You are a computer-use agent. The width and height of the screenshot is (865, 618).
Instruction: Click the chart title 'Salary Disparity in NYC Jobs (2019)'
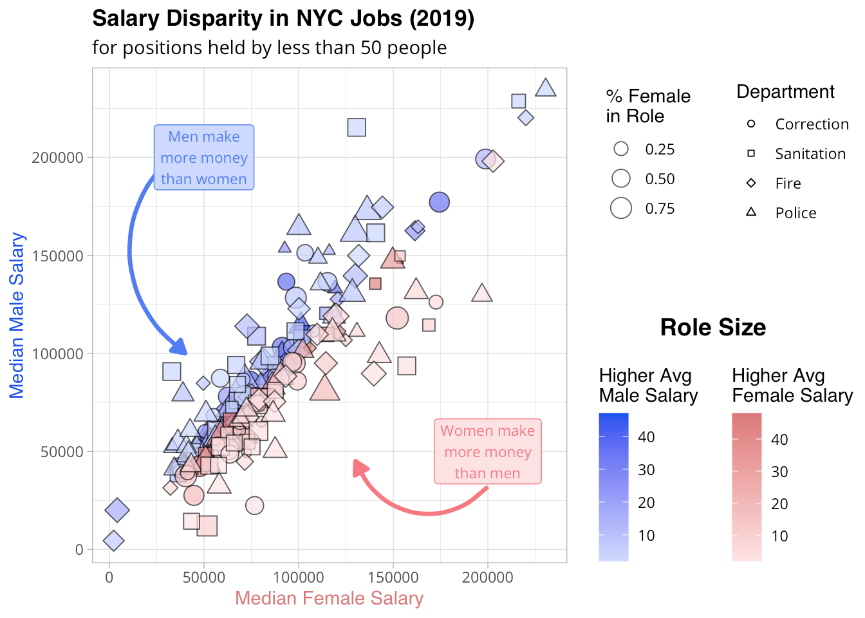click(283, 19)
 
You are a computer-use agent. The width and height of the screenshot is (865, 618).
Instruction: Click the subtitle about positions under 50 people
click(269, 48)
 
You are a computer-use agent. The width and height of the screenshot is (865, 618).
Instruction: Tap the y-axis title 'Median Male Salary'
click(17, 315)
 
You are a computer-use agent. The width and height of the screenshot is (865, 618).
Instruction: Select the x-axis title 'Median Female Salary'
click(329, 598)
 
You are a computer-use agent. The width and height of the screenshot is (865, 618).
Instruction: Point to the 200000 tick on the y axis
click(58, 158)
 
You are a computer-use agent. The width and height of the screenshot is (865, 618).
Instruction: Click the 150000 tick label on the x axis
click(393, 577)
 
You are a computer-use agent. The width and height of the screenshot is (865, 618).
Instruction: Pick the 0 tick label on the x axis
click(109, 577)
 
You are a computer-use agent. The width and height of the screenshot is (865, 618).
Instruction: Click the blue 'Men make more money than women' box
click(204, 158)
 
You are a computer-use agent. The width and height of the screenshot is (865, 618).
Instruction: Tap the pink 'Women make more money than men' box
click(487, 452)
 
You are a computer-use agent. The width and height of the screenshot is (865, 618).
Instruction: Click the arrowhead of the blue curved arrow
click(180, 348)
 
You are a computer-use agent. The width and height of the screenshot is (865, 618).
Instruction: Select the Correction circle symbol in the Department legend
click(751, 124)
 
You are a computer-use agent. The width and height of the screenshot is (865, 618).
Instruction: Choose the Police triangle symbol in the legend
click(751, 212)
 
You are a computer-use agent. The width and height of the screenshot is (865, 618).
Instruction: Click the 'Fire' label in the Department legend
click(788, 183)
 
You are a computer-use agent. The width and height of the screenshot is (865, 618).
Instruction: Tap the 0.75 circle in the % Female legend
click(621, 208)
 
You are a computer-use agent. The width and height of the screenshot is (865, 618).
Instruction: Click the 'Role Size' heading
click(713, 328)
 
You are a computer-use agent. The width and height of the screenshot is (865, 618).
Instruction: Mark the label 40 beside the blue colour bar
click(646, 437)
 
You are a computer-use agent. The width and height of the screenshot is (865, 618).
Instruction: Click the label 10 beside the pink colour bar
click(779, 536)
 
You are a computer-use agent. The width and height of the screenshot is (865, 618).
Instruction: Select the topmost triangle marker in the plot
click(546, 88)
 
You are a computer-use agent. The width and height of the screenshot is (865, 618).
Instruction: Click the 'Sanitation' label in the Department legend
click(810, 154)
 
